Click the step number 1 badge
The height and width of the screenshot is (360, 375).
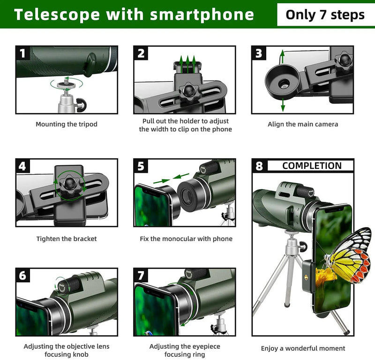tap(22, 52)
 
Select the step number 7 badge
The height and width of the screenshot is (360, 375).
tap(141, 275)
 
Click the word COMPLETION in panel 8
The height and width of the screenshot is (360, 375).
tap(312, 166)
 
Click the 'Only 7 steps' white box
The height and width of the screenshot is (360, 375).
tap(325, 15)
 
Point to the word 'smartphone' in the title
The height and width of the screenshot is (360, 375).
tap(202, 15)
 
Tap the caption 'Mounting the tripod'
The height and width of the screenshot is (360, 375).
tap(67, 125)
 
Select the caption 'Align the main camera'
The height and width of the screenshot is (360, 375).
tap(303, 125)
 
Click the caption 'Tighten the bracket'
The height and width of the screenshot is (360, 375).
tap(67, 239)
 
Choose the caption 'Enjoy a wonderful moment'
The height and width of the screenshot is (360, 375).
tap(303, 348)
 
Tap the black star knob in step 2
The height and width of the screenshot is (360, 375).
tap(189, 90)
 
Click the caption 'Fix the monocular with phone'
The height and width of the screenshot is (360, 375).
tap(186, 239)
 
